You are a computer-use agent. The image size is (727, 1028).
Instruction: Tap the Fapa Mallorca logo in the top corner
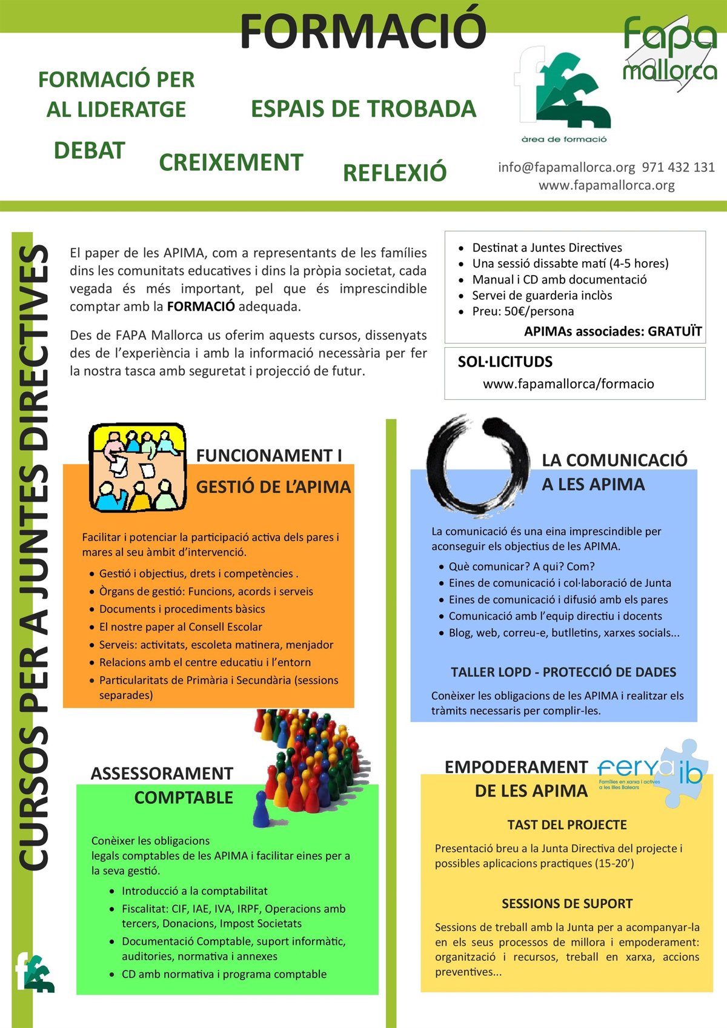click(x=669, y=51)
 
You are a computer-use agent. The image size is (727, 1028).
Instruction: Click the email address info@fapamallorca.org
click(x=566, y=167)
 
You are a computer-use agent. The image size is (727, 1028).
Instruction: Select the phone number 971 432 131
click(x=679, y=167)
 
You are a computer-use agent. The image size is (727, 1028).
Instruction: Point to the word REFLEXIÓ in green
click(x=394, y=173)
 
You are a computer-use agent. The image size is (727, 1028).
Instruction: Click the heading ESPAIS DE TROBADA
click(x=363, y=109)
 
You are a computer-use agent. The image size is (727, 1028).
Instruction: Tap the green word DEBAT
click(x=89, y=150)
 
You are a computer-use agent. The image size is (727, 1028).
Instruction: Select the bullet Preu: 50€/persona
click(x=523, y=311)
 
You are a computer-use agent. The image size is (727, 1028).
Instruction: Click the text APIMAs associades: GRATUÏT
click(x=612, y=331)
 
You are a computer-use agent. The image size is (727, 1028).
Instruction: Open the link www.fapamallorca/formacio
click(x=568, y=383)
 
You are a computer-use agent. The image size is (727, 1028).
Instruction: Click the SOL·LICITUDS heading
click(x=505, y=362)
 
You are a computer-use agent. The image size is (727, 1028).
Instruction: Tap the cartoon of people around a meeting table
click(x=138, y=468)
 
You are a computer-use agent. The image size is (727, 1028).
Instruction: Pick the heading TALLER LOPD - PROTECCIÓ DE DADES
click(x=563, y=672)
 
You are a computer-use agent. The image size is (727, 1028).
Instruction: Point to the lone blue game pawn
click(x=261, y=810)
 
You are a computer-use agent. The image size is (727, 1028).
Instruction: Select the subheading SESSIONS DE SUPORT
click(x=567, y=903)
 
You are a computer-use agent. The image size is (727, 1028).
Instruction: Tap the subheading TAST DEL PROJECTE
click(x=567, y=824)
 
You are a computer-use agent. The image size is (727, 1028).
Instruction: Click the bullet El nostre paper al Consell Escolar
click(x=181, y=626)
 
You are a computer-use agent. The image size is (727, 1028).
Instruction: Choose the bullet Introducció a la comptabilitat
click(x=194, y=890)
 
